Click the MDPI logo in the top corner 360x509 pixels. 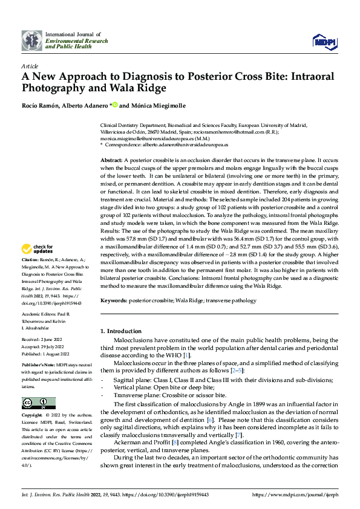(324, 40)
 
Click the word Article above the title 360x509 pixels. (30, 65)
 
